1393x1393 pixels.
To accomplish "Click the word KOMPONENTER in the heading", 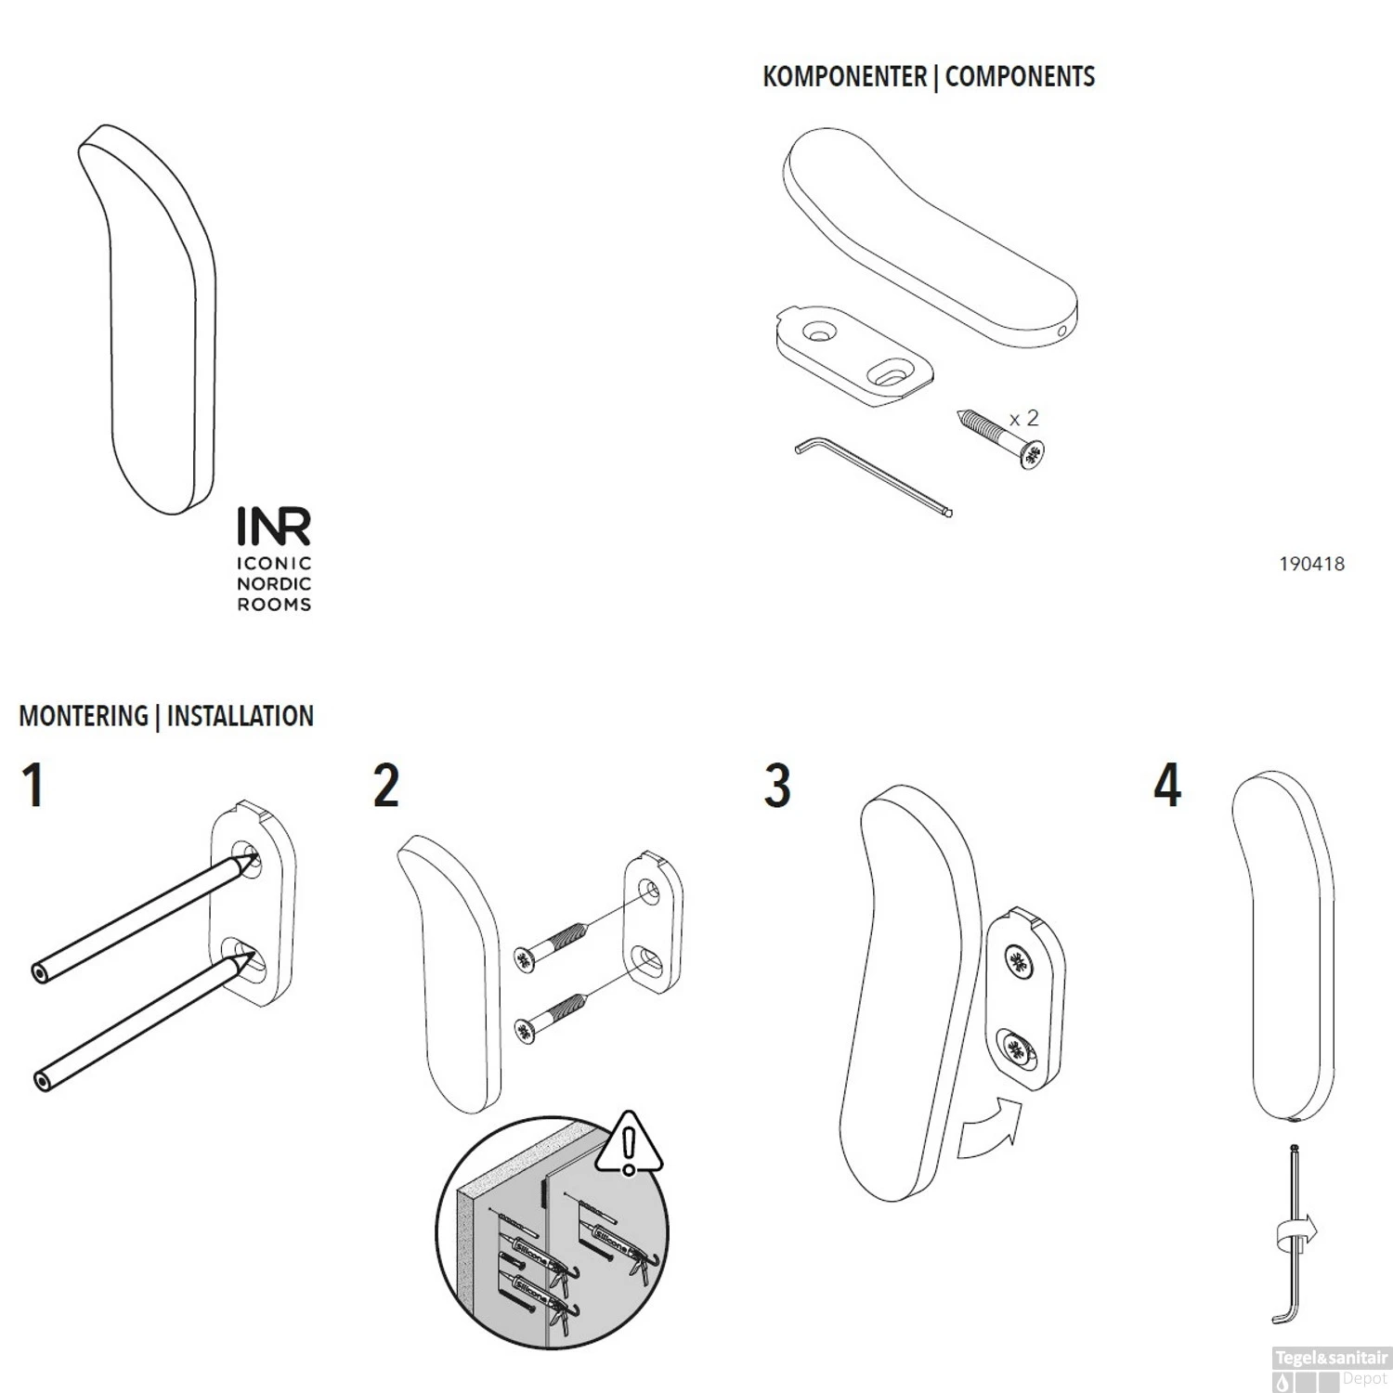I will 843,77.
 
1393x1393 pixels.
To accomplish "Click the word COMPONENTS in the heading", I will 1020,77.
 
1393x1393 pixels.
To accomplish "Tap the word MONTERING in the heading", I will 84,716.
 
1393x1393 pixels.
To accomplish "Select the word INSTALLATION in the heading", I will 240,716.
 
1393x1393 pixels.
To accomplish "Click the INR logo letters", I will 274,527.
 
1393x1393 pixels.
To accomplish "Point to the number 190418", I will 1311,564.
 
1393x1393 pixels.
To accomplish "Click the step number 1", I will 33,786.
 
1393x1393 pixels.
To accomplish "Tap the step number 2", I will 386,786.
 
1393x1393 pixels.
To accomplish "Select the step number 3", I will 777,786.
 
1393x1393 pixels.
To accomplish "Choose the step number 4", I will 1167,786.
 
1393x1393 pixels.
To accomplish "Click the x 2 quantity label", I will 1024,419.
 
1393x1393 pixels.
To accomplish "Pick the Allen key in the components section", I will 873,478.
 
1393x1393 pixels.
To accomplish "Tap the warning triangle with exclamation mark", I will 630,1145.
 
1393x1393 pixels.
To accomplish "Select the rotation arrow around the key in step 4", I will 1296,1233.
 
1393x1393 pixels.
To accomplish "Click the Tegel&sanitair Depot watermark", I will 1331,1368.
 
